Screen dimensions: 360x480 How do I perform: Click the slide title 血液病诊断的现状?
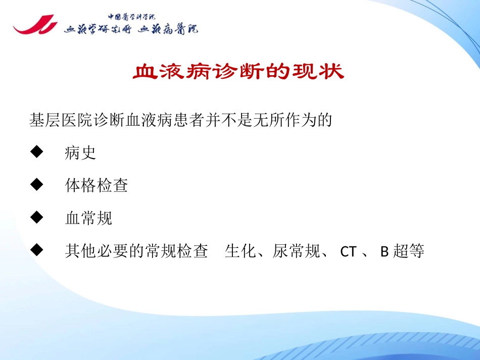[238, 72]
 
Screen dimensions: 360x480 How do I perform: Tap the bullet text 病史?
[80, 153]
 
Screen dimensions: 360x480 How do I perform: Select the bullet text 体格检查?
[96, 185]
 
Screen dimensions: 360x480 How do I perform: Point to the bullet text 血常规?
[88, 218]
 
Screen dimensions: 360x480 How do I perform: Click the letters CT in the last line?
[348, 251]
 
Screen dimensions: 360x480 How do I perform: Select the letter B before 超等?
[383, 251]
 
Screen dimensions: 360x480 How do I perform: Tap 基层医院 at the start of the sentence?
[61, 121]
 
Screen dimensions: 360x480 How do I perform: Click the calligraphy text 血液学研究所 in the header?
[98, 29]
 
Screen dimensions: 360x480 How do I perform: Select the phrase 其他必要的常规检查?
[136, 251]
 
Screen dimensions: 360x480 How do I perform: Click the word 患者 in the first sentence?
[189, 121]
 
